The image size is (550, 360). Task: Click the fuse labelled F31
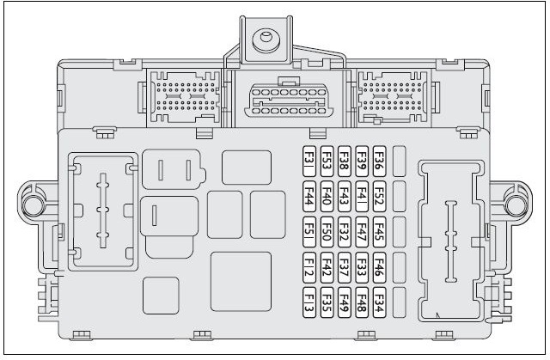[309, 161]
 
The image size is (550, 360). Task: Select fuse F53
[327, 161]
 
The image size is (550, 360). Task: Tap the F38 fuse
[344, 161]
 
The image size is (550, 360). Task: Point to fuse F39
[362, 161]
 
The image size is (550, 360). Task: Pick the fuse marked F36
[379, 161]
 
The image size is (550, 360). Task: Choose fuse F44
[309, 197]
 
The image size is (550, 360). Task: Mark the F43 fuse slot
[344, 197]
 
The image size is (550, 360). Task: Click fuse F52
[379, 197]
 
